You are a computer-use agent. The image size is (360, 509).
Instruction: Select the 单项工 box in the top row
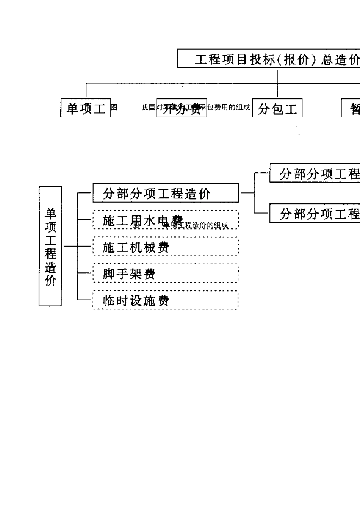pyautogui.click(x=86, y=108)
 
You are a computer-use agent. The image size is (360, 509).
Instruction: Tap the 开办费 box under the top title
pyautogui.click(x=182, y=108)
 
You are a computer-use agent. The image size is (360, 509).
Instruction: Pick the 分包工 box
pyautogui.click(x=277, y=109)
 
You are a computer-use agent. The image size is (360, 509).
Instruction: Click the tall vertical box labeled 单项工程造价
pyautogui.click(x=50, y=246)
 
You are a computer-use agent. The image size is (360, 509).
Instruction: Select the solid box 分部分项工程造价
pyautogui.click(x=166, y=194)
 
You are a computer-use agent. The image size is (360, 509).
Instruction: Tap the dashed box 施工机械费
pyautogui.click(x=166, y=247)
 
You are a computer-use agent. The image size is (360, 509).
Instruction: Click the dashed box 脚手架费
pyautogui.click(x=166, y=273)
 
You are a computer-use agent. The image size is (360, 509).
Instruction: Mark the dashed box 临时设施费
pyautogui.click(x=166, y=300)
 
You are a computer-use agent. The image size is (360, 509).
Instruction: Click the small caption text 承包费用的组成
pyautogui.click(x=229, y=107)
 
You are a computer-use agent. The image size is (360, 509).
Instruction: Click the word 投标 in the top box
pyautogui.click(x=260, y=59)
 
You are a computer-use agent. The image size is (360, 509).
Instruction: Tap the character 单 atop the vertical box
pyautogui.click(x=50, y=214)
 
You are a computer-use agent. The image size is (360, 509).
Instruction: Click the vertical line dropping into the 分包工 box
pyautogui.click(x=277, y=91)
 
